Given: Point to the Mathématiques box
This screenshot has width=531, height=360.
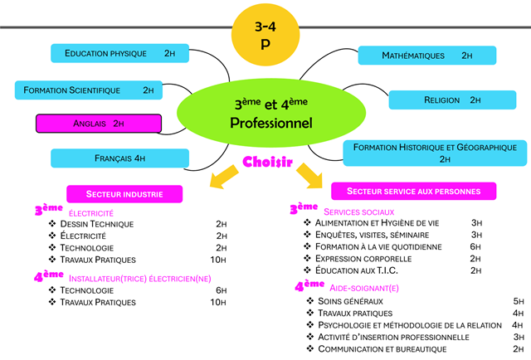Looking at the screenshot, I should tap(426, 56).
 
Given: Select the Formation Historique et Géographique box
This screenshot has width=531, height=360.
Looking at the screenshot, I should tap(436, 152).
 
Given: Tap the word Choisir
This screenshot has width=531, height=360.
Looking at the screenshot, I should tap(267, 163).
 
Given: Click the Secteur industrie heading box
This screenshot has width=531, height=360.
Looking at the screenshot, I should tap(124, 193).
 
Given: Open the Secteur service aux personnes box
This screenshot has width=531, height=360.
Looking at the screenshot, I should tap(413, 192).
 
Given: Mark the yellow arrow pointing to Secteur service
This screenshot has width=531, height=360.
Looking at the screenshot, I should tap(311, 176).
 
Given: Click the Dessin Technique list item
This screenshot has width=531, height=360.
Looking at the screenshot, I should tap(96, 224).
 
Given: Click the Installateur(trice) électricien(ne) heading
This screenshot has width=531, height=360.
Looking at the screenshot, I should tap(139, 278).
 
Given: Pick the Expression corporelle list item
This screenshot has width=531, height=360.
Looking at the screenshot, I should tap(364, 259).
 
